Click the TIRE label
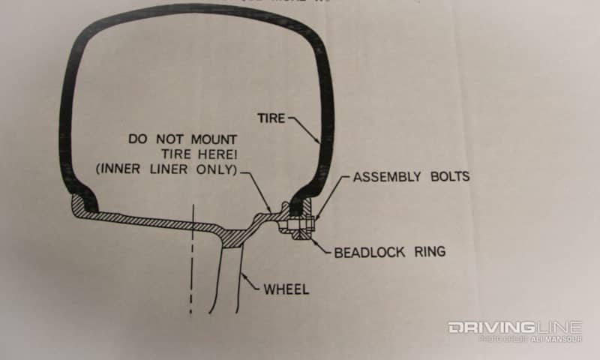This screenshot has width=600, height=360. [271, 118]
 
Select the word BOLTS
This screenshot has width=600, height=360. [448, 178]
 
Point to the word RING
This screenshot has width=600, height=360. [430, 251]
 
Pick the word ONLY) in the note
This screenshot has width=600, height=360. [220, 170]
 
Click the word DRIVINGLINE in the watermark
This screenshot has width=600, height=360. [514, 328]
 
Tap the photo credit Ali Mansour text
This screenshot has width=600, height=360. [556, 339]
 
